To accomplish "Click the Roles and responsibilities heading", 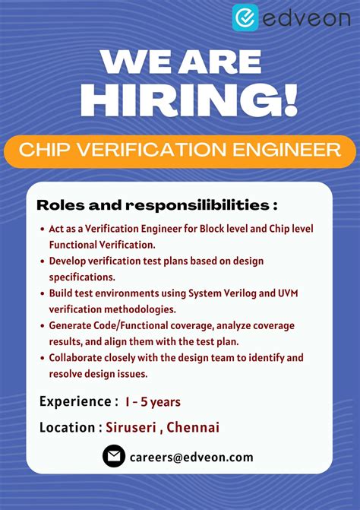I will (x=156, y=205).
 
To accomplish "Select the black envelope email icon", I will (x=114, y=456).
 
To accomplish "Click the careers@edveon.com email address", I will (x=191, y=457).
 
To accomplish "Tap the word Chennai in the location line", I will (x=193, y=427).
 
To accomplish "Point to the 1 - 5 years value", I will (x=153, y=401).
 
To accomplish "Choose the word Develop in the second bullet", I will (x=69, y=261).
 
